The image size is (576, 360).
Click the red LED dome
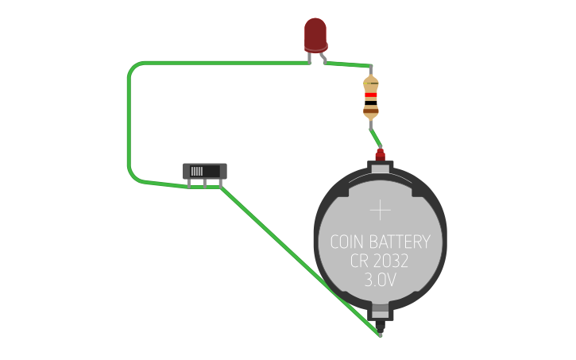point(315,34)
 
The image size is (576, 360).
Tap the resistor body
point(371,97)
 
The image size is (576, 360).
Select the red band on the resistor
point(371,95)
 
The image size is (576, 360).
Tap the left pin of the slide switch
point(189,185)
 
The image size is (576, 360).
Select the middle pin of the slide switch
point(204,185)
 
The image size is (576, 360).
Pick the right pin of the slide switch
point(219,185)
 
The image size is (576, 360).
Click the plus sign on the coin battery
point(381,210)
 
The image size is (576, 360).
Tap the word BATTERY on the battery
point(402,242)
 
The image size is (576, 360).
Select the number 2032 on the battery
point(393,261)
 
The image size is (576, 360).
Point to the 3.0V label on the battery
point(381,281)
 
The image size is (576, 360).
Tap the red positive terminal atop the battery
point(381,153)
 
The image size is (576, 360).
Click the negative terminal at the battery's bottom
point(381,323)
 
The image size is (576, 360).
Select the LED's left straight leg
point(311,57)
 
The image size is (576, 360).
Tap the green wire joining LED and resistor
point(350,64)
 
